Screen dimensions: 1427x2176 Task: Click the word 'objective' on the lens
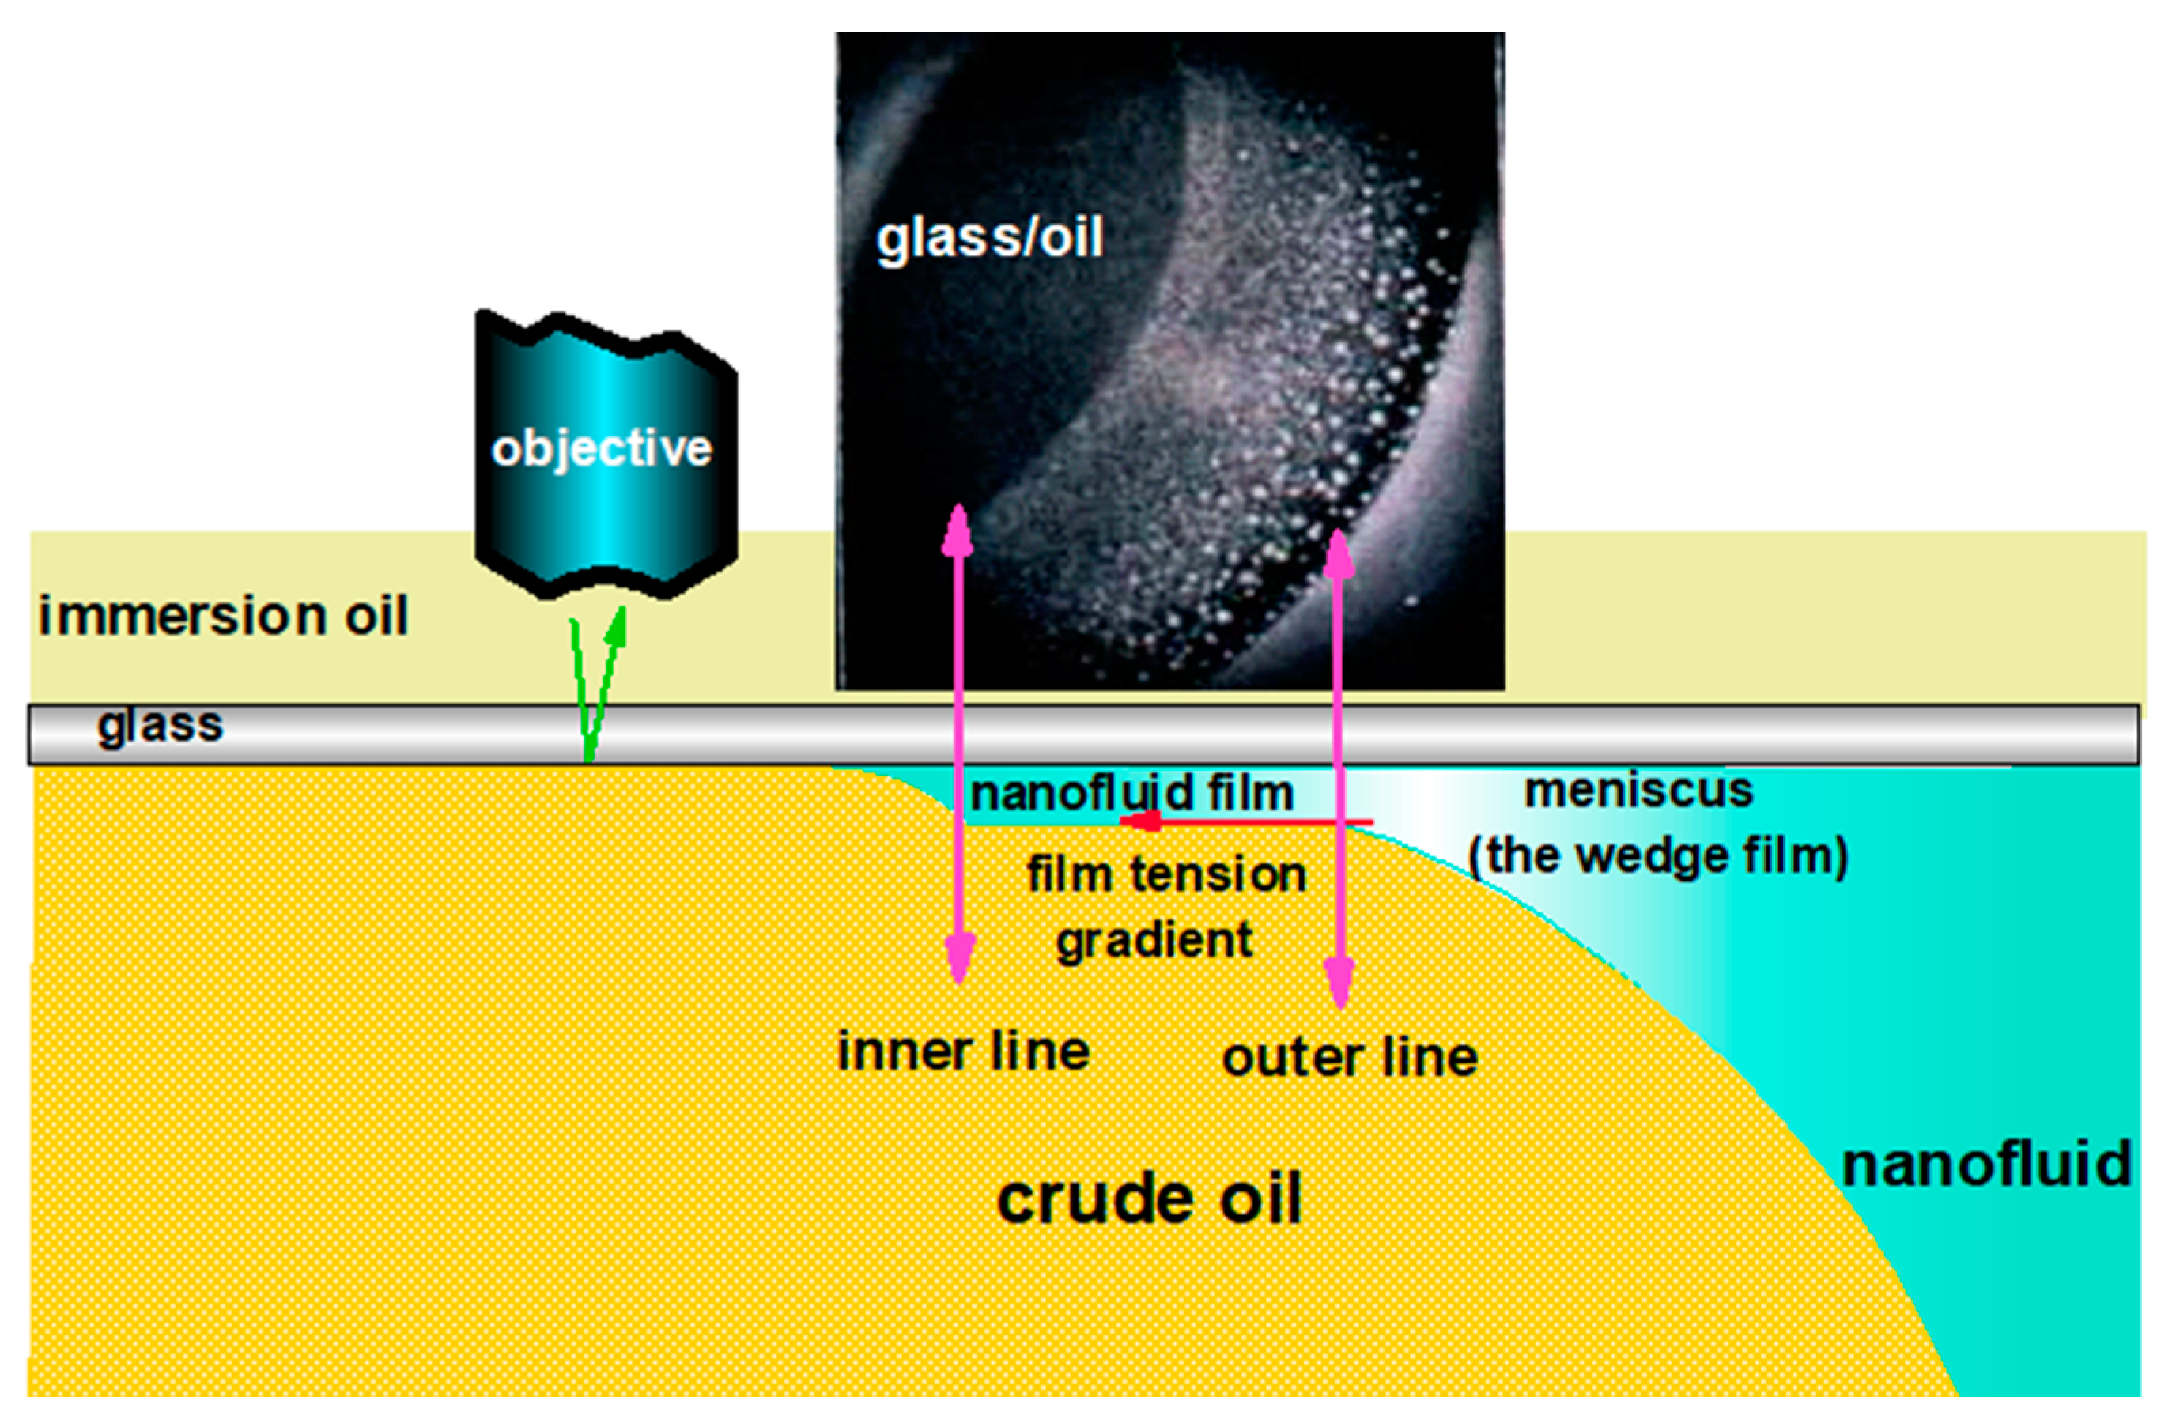(x=601, y=449)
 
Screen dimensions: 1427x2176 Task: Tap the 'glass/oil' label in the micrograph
(x=989, y=239)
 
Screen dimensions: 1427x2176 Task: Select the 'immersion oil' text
(x=222, y=615)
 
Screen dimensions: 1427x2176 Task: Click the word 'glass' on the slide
(x=160, y=726)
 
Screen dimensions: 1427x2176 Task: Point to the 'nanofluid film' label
(x=1132, y=793)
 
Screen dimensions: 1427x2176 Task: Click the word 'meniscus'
(x=1638, y=791)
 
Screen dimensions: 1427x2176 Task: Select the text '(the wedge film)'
(x=1657, y=855)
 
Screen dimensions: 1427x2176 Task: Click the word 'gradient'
(x=1154, y=941)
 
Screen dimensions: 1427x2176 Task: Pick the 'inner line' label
(x=964, y=1051)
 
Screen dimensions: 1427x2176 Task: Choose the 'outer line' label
(x=1350, y=1058)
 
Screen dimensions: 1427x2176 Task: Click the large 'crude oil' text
(x=1148, y=1199)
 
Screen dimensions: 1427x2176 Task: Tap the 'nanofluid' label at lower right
(x=1985, y=1165)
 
